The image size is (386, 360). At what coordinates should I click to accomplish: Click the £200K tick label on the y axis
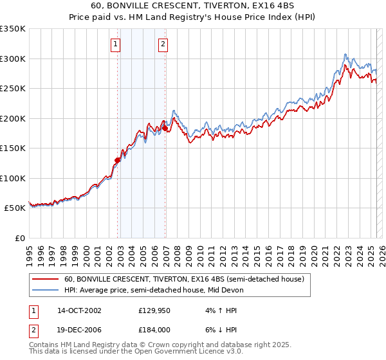tap(13, 118)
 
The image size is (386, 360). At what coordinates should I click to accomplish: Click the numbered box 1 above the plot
tap(115, 44)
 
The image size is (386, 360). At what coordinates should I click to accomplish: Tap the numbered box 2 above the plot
tap(163, 44)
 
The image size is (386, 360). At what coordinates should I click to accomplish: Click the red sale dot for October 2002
tap(118, 160)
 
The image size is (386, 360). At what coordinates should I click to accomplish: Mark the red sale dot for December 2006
tap(165, 128)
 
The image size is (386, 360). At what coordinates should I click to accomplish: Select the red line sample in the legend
tap(46, 280)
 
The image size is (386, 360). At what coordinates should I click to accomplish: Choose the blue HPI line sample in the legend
tap(46, 290)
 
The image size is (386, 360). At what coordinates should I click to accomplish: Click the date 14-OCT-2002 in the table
tap(79, 310)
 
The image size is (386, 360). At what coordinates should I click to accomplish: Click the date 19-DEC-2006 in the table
tap(79, 329)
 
